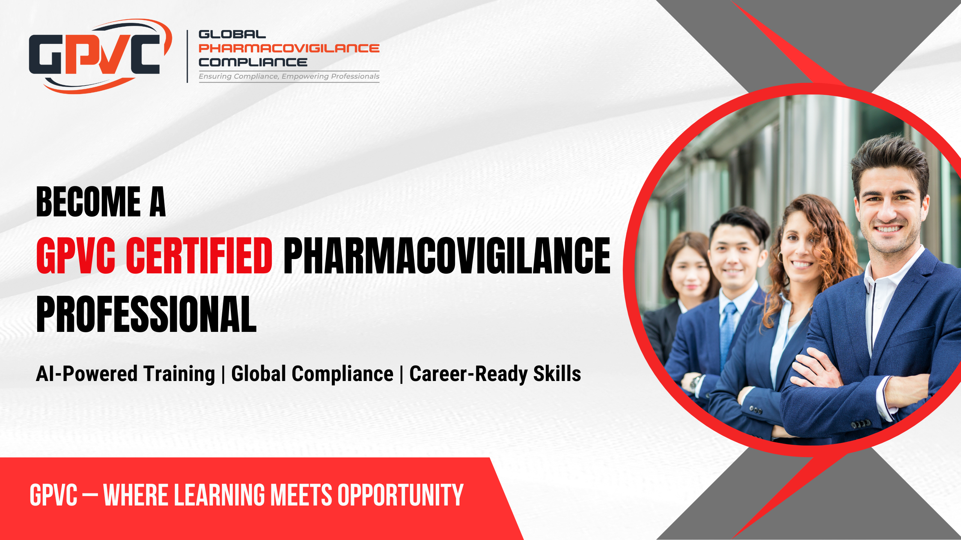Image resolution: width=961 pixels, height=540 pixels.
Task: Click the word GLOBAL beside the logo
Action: [x=232, y=34]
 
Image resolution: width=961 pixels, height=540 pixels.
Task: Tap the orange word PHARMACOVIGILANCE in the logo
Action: [x=289, y=48]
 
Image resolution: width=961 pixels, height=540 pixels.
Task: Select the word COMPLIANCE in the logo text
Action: [x=253, y=62]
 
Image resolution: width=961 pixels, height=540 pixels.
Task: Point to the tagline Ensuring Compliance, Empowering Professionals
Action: [x=289, y=76]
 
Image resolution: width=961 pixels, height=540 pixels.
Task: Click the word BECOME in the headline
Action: [x=89, y=202]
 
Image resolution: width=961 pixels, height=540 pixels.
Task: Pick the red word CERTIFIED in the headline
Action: [x=199, y=256]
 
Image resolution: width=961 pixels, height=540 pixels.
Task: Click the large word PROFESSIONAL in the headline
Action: [x=146, y=314]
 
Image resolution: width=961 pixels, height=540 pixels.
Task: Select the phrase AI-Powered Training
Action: [x=125, y=374]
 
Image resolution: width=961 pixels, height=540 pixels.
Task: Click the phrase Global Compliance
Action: [x=312, y=374]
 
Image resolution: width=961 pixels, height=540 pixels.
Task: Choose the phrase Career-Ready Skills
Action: [x=495, y=374]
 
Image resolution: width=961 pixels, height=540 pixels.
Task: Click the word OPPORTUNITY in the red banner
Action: [x=400, y=495]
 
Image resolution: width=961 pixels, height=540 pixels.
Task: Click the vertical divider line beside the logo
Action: [x=187, y=56]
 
